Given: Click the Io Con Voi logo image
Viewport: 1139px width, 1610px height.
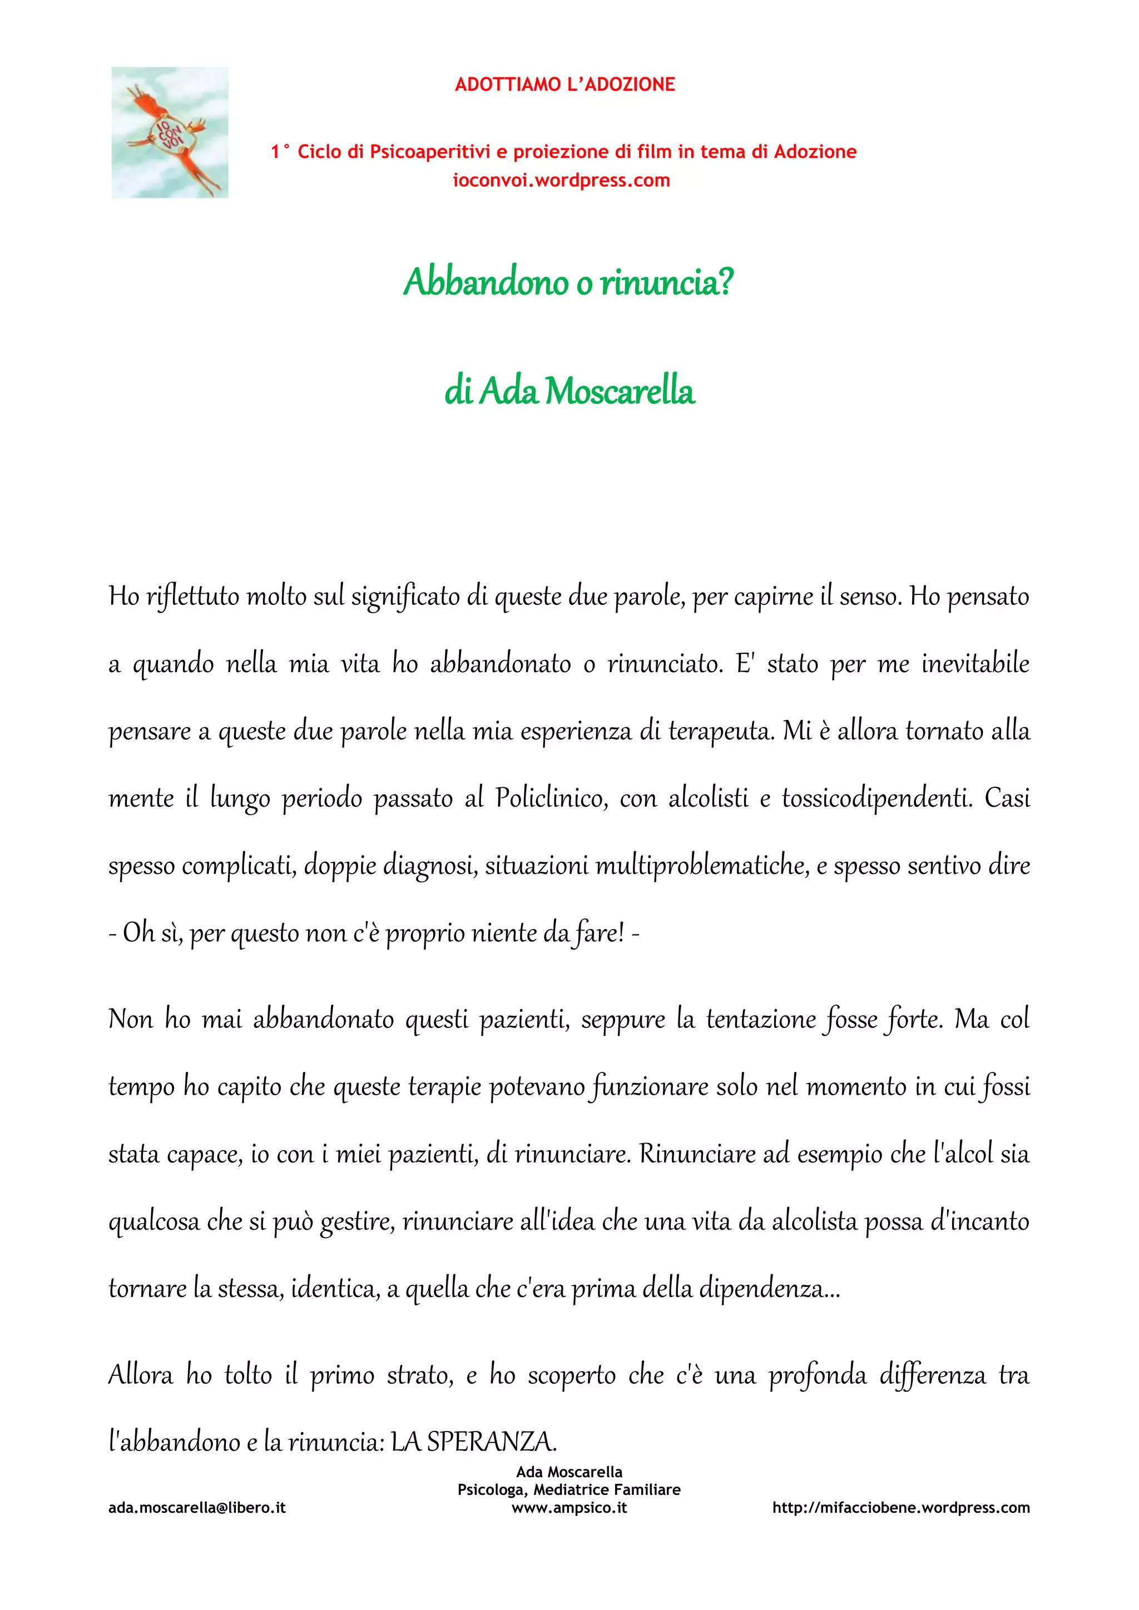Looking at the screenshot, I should [170, 132].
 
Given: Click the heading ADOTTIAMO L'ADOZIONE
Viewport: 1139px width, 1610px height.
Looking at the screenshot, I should [564, 85].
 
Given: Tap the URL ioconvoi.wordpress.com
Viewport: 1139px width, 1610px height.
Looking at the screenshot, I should [561, 180].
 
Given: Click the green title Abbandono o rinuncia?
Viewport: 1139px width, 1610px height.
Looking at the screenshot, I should [568, 282].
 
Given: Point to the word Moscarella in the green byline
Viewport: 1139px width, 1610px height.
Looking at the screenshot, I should [620, 391].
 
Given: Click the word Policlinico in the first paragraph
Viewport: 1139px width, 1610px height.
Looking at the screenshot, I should [551, 798].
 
